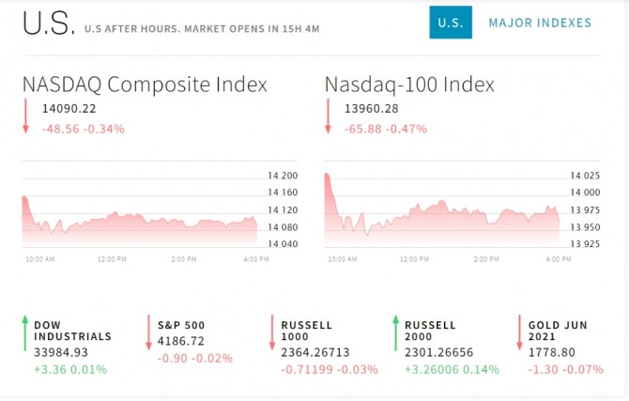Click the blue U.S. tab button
tap(451, 23)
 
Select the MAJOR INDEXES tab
tap(540, 23)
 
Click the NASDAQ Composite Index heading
tap(145, 85)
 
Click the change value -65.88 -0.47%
tap(386, 129)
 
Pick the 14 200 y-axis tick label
tap(282, 176)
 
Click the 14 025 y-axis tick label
tap(585, 176)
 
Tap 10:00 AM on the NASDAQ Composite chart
tap(39, 258)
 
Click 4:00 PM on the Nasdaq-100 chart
tap(559, 258)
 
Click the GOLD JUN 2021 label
tap(558, 331)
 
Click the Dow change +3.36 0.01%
tap(70, 369)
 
